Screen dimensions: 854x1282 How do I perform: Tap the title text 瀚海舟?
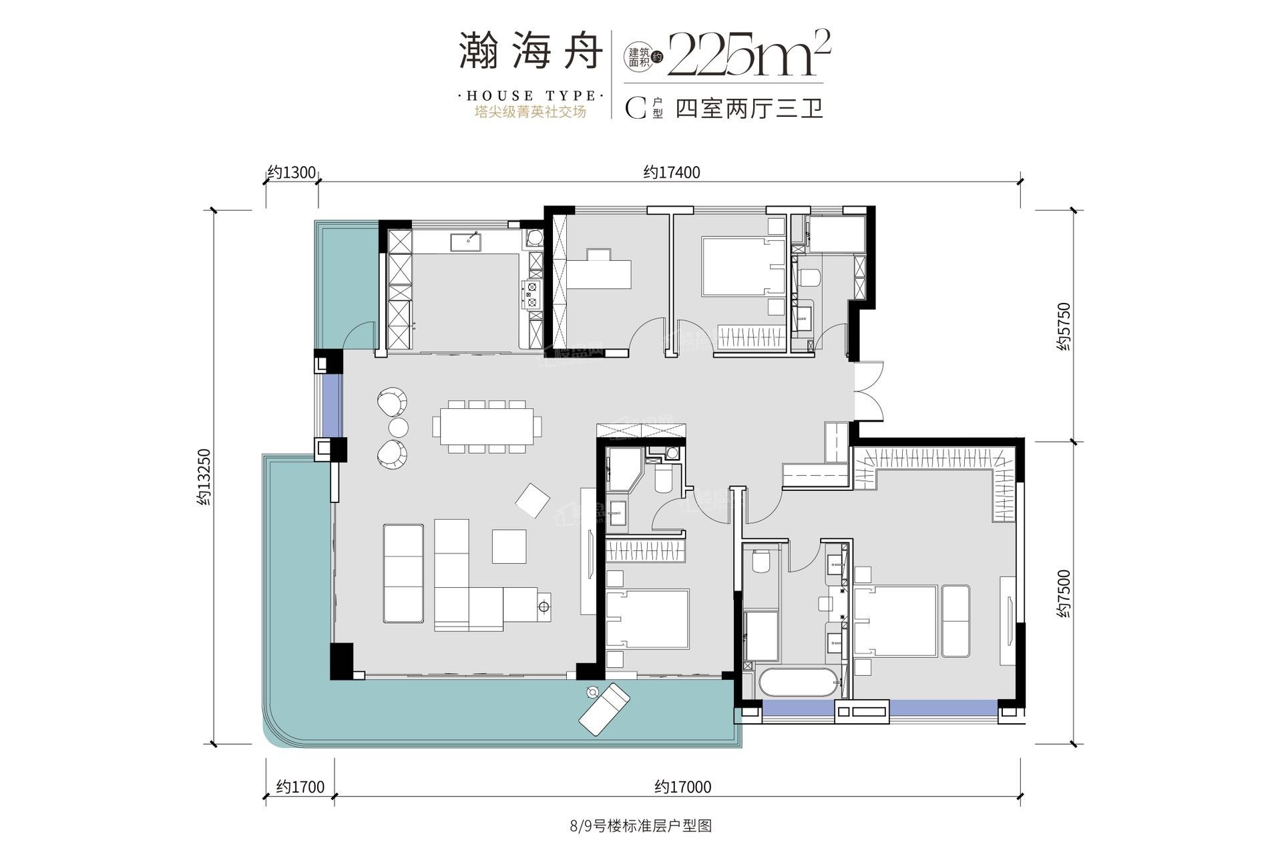pos(531,52)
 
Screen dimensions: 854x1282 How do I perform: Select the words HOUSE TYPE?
pos(531,96)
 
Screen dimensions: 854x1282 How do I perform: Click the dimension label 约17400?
pos(672,173)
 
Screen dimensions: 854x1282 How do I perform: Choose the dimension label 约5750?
pos(1063,327)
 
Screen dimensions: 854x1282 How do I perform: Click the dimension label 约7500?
pos(1063,593)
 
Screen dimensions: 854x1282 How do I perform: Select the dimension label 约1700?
pos(300,787)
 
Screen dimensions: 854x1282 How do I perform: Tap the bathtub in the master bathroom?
pos(797,683)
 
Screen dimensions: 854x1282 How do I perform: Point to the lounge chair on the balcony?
pos(604,709)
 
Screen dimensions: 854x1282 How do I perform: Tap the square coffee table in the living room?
pos(509,546)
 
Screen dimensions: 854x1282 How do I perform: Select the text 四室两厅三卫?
pos(749,109)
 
